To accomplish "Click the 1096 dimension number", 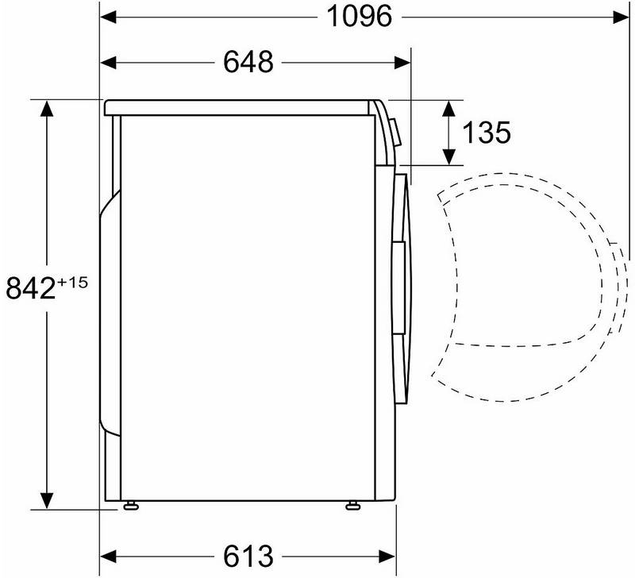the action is tap(360, 17).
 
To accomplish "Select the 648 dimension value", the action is tap(248, 63).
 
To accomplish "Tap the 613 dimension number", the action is tap(248, 556).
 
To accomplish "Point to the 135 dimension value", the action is tap(486, 133).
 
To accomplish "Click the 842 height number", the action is tap(31, 287).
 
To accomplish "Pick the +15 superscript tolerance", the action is tap(72, 282).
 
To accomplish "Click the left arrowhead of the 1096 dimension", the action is tap(109, 17).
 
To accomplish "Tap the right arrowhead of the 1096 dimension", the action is tap(621, 17).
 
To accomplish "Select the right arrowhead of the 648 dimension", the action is tap(402, 63).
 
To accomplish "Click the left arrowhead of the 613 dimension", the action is tap(109, 557).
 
